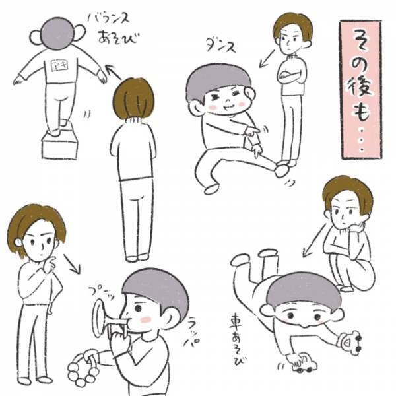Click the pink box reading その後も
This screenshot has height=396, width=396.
(x=361, y=89)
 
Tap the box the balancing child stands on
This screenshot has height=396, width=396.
(x=59, y=145)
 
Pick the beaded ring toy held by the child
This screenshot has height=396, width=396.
(x=82, y=368)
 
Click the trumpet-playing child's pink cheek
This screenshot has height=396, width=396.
(x=145, y=319)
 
